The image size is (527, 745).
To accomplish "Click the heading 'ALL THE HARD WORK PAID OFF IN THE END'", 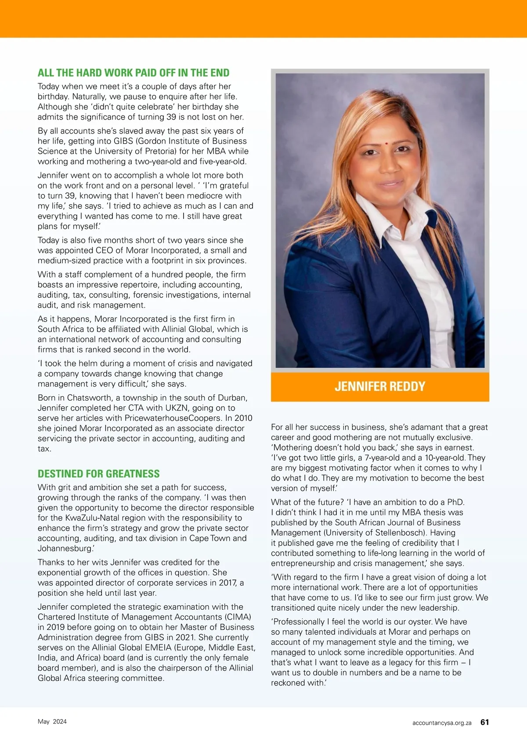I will pos(134,73).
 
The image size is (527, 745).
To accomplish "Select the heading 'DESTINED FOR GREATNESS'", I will pos(98,474).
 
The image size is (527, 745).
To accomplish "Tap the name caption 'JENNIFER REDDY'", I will pos(380,387).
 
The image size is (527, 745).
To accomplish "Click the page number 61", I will pos(484,722).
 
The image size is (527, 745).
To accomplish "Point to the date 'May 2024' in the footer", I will pos(52,722).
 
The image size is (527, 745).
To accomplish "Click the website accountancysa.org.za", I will pos(441,723).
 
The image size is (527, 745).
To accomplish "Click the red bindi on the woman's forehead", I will pos(387,144).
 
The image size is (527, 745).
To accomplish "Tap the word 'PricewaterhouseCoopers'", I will pos(173,418).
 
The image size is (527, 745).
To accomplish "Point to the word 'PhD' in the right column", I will pos(455,502).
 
